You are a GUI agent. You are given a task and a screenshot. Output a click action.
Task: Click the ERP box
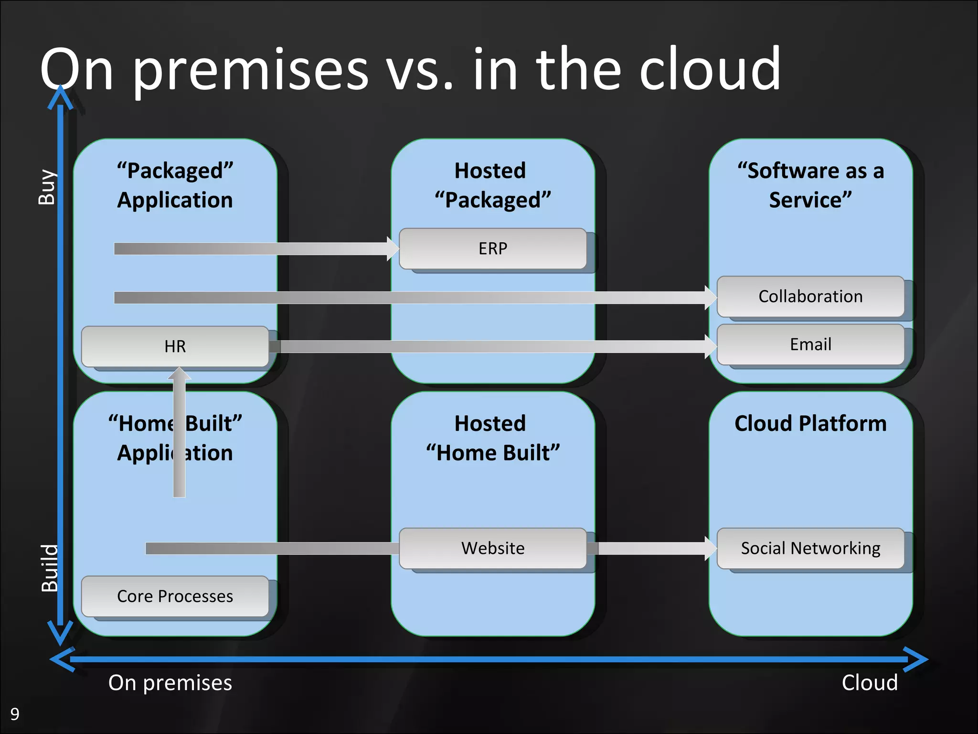(493, 248)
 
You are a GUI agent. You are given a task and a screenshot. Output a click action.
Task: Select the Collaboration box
(810, 296)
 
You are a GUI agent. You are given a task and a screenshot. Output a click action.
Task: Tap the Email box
(810, 345)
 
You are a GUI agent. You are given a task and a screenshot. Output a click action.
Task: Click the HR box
(175, 346)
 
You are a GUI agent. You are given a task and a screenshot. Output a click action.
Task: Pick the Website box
(493, 548)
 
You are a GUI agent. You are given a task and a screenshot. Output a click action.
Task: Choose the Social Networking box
(810, 548)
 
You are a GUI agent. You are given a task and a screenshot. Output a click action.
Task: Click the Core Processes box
(175, 596)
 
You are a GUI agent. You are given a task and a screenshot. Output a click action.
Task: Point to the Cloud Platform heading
(810, 423)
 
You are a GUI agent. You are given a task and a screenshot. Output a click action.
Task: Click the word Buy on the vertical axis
(47, 187)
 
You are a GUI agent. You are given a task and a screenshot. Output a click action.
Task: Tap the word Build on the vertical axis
(49, 568)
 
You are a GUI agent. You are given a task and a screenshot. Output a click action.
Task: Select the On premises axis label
(170, 683)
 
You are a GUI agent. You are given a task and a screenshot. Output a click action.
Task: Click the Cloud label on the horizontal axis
(869, 683)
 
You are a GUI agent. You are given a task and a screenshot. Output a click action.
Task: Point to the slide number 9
(15, 714)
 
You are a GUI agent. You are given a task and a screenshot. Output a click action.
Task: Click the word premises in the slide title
(250, 71)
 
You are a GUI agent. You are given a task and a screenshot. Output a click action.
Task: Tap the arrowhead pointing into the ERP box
(393, 248)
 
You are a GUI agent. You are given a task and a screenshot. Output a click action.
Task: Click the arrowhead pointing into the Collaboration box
(711, 298)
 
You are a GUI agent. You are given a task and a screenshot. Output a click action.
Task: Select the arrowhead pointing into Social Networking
(711, 548)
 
